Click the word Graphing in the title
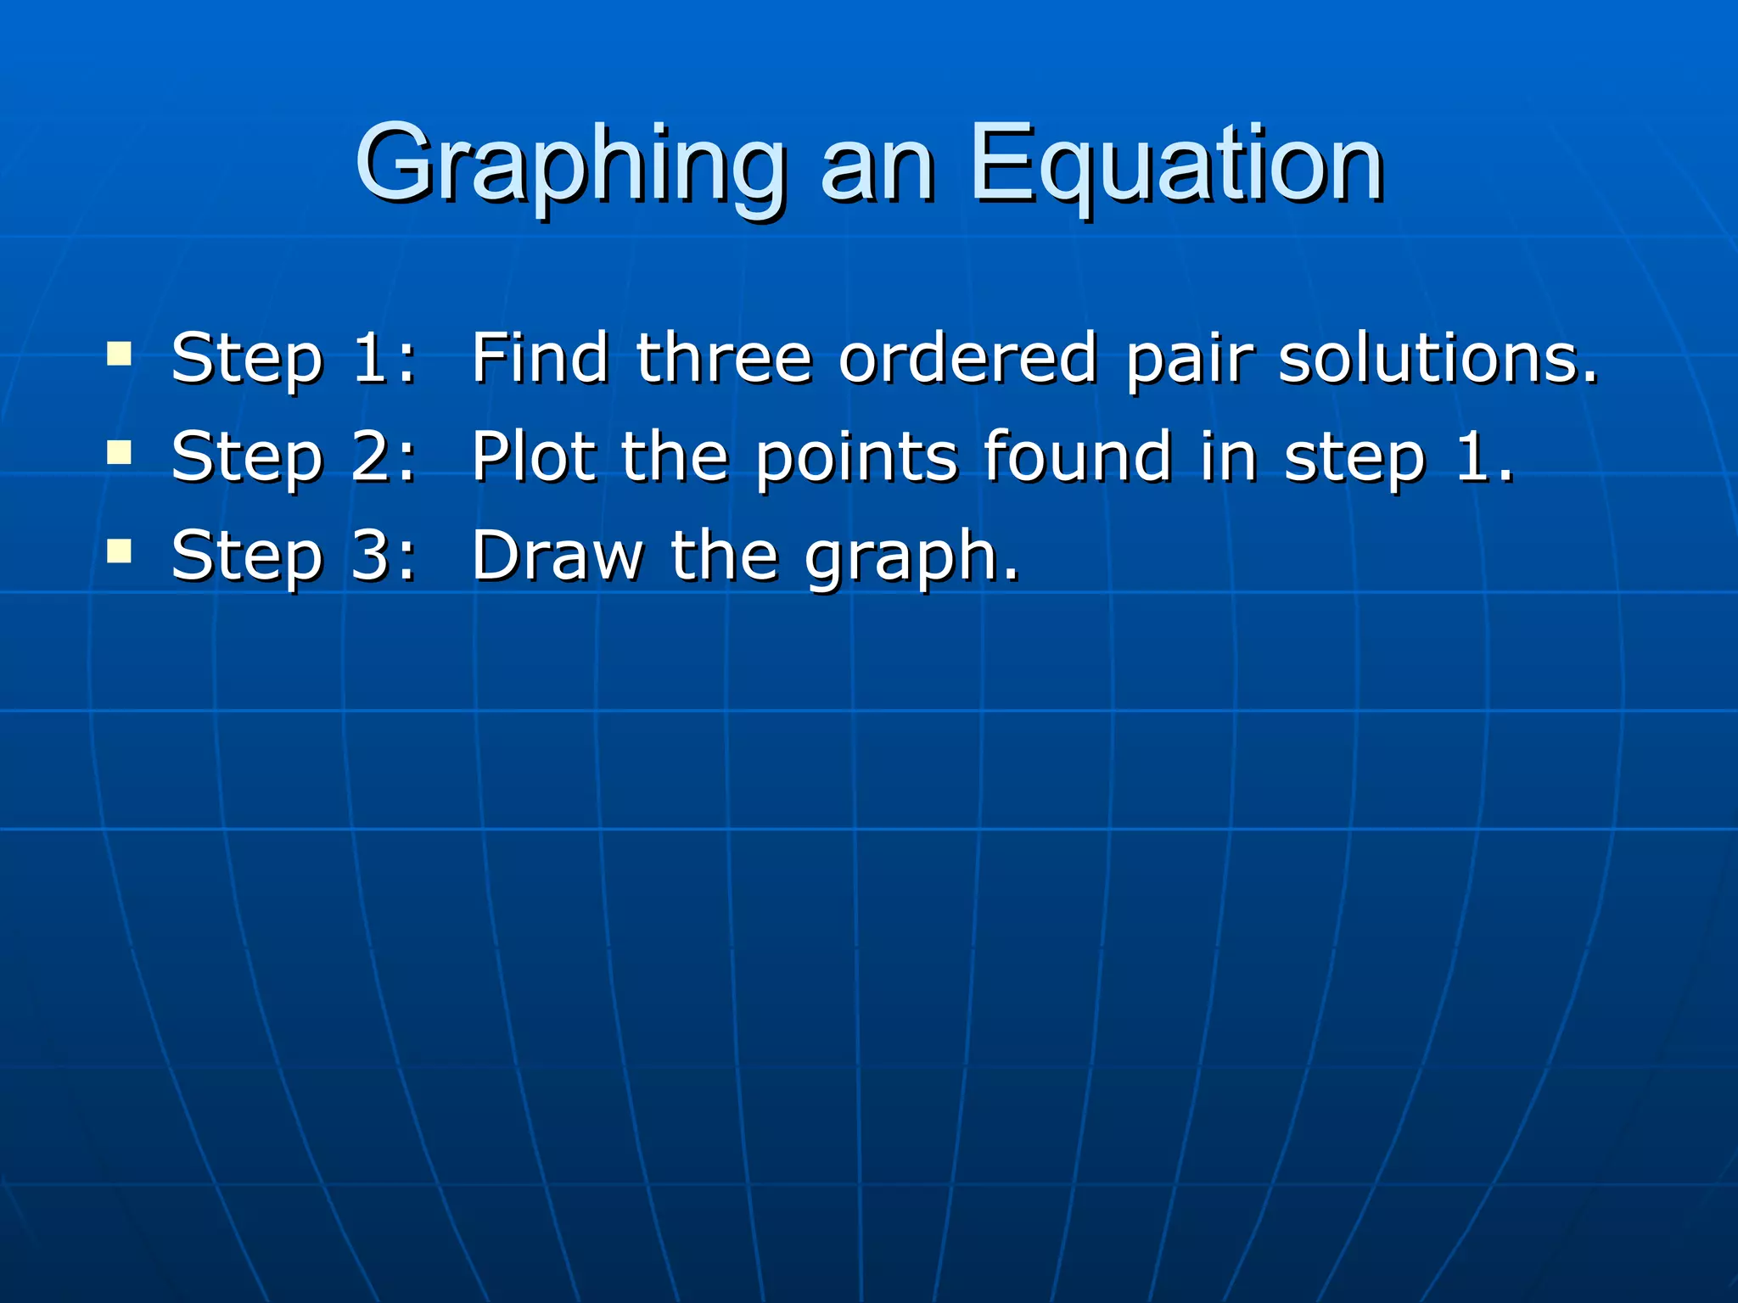pos(569,165)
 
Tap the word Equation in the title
pos(1176,165)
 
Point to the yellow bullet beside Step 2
pos(119,452)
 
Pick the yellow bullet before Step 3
pos(119,552)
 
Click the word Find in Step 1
pos(540,358)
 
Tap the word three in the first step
pos(724,358)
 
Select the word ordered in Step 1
pos(968,358)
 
